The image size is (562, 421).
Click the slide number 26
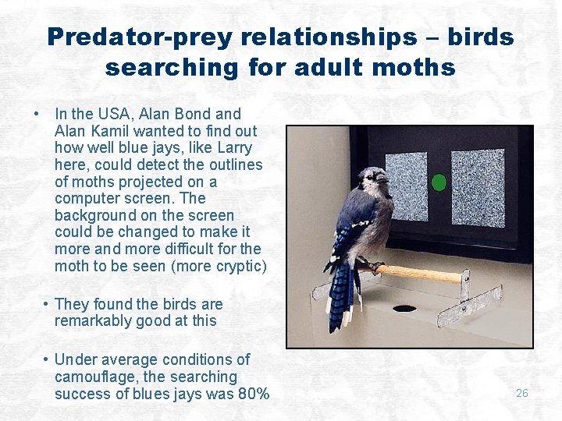pos(522,393)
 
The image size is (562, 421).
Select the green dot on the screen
pos(439,182)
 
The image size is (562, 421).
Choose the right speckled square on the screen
pos(477,187)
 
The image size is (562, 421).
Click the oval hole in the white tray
pos(404,309)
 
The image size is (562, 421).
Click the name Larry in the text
pos(233,147)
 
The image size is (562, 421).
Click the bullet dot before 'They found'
pos(48,304)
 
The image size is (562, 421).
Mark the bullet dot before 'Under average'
pos(48,359)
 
